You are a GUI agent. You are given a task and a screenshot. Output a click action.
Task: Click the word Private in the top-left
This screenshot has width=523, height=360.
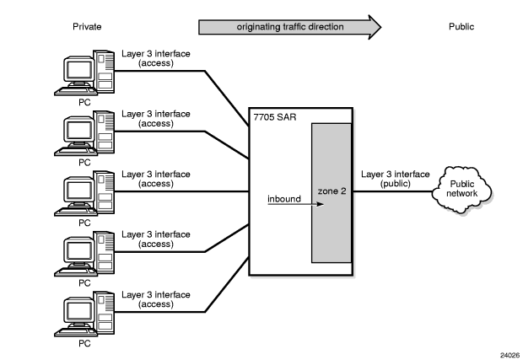point(88,27)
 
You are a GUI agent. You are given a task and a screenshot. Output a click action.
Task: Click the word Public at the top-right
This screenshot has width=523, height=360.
point(461,27)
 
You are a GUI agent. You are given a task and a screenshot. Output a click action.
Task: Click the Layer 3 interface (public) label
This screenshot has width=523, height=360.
point(390,179)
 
